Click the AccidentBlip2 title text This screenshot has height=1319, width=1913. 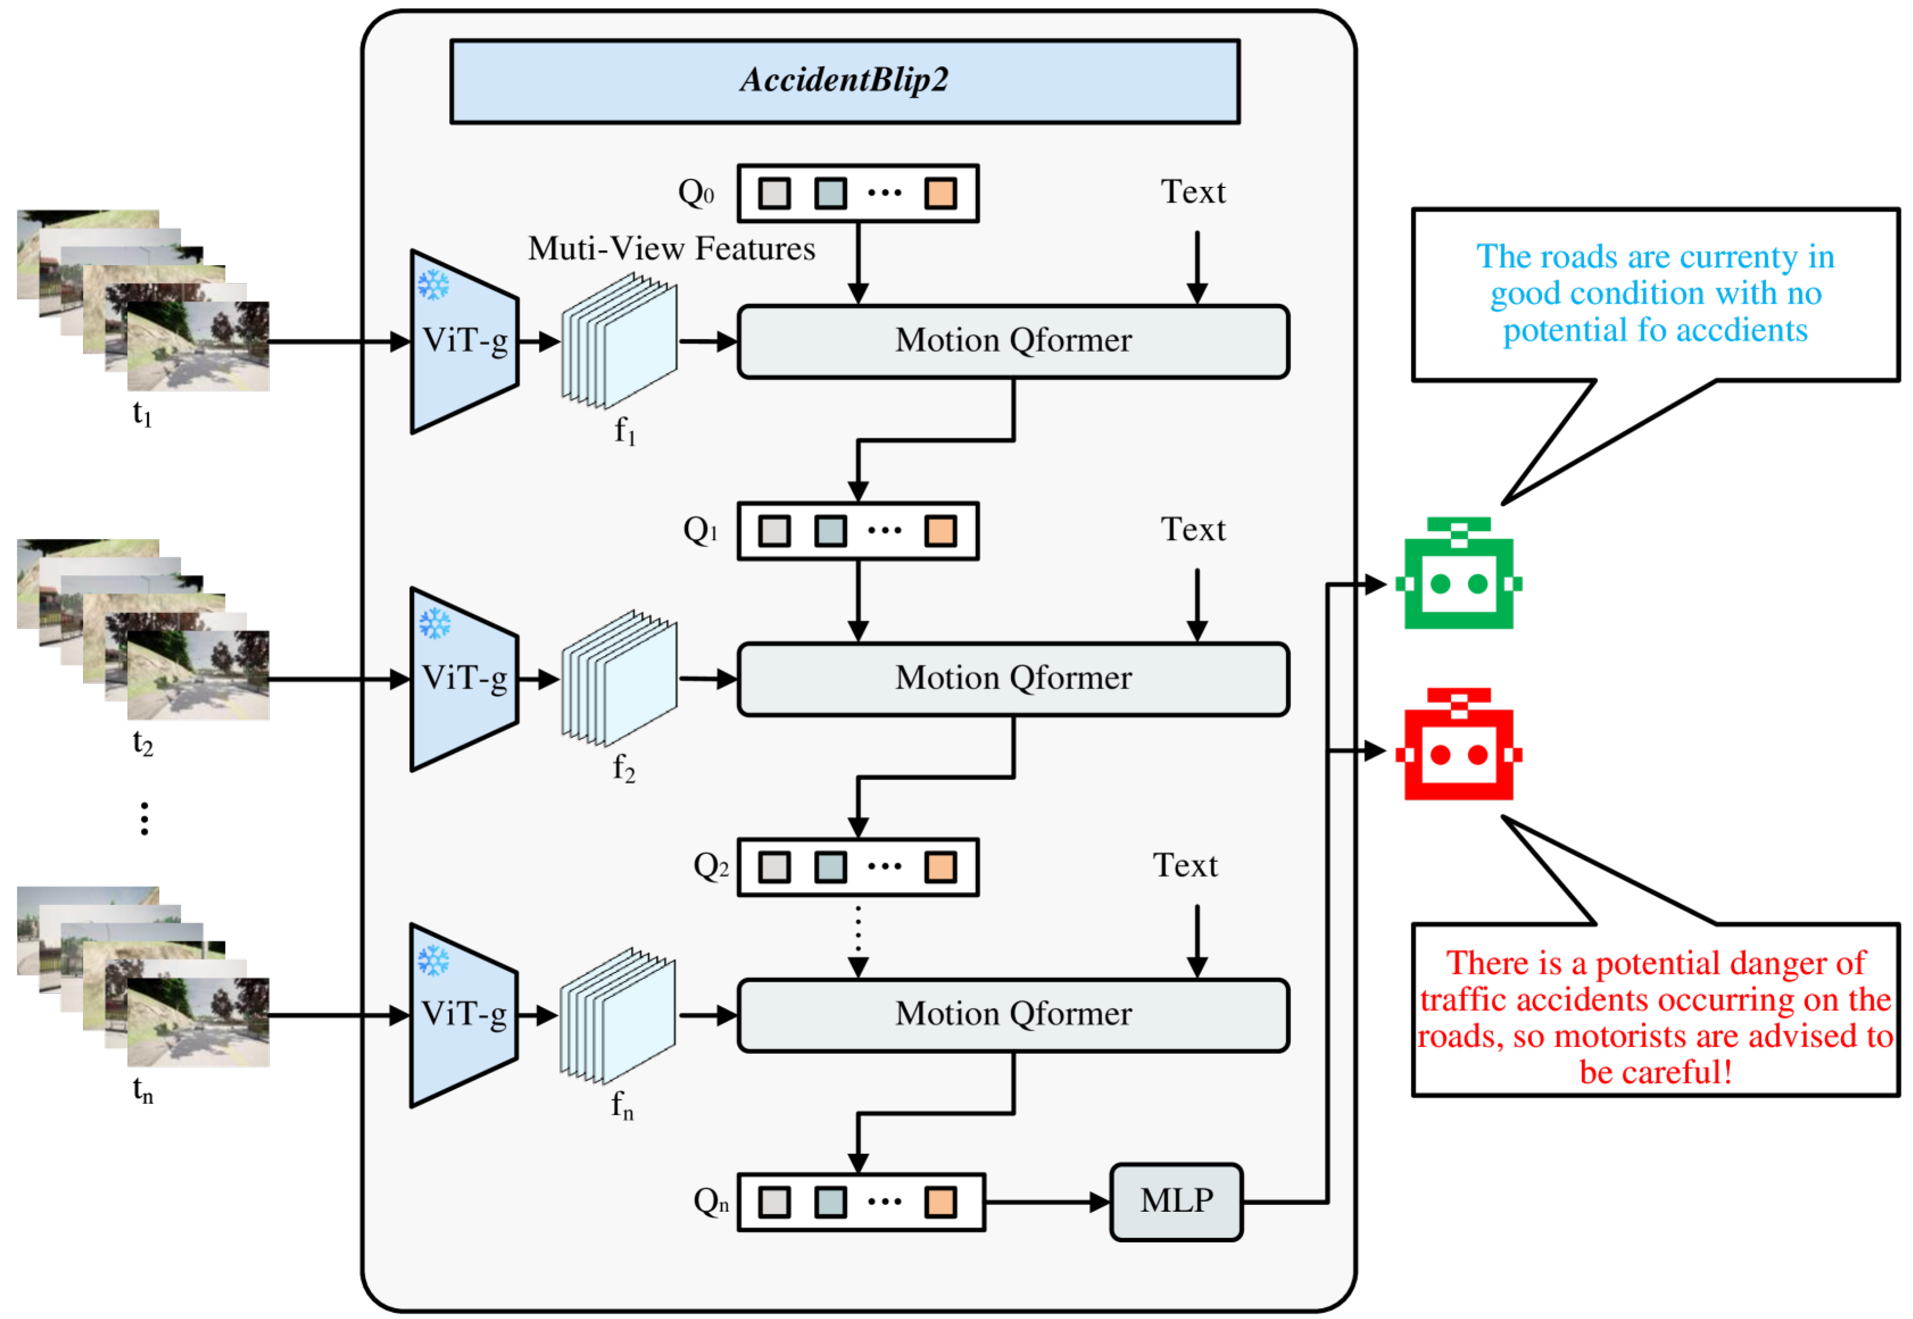(844, 80)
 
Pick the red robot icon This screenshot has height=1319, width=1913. (1459, 744)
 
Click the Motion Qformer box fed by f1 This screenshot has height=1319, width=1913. (1013, 341)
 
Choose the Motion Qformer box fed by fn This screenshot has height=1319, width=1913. (1013, 1015)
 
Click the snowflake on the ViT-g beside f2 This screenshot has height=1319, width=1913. (434, 623)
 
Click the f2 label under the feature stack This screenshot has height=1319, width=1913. (624, 768)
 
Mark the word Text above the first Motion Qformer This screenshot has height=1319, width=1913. (1193, 192)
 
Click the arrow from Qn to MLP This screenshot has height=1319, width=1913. (1047, 1203)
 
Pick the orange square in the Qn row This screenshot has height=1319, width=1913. (940, 1203)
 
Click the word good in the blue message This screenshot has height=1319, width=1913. (1526, 294)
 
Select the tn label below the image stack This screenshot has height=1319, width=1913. (143, 1091)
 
